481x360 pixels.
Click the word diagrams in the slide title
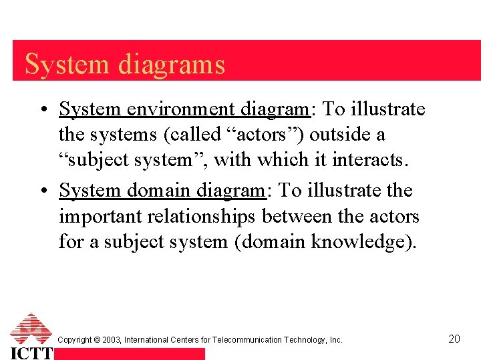(x=172, y=65)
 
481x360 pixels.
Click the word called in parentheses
(x=194, y=135)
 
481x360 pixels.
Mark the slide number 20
(x=454, y=339)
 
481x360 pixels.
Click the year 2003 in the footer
(x=111, y=340)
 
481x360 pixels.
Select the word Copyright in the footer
(x=74, y=340)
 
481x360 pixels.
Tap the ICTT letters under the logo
(x=31, y=353)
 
